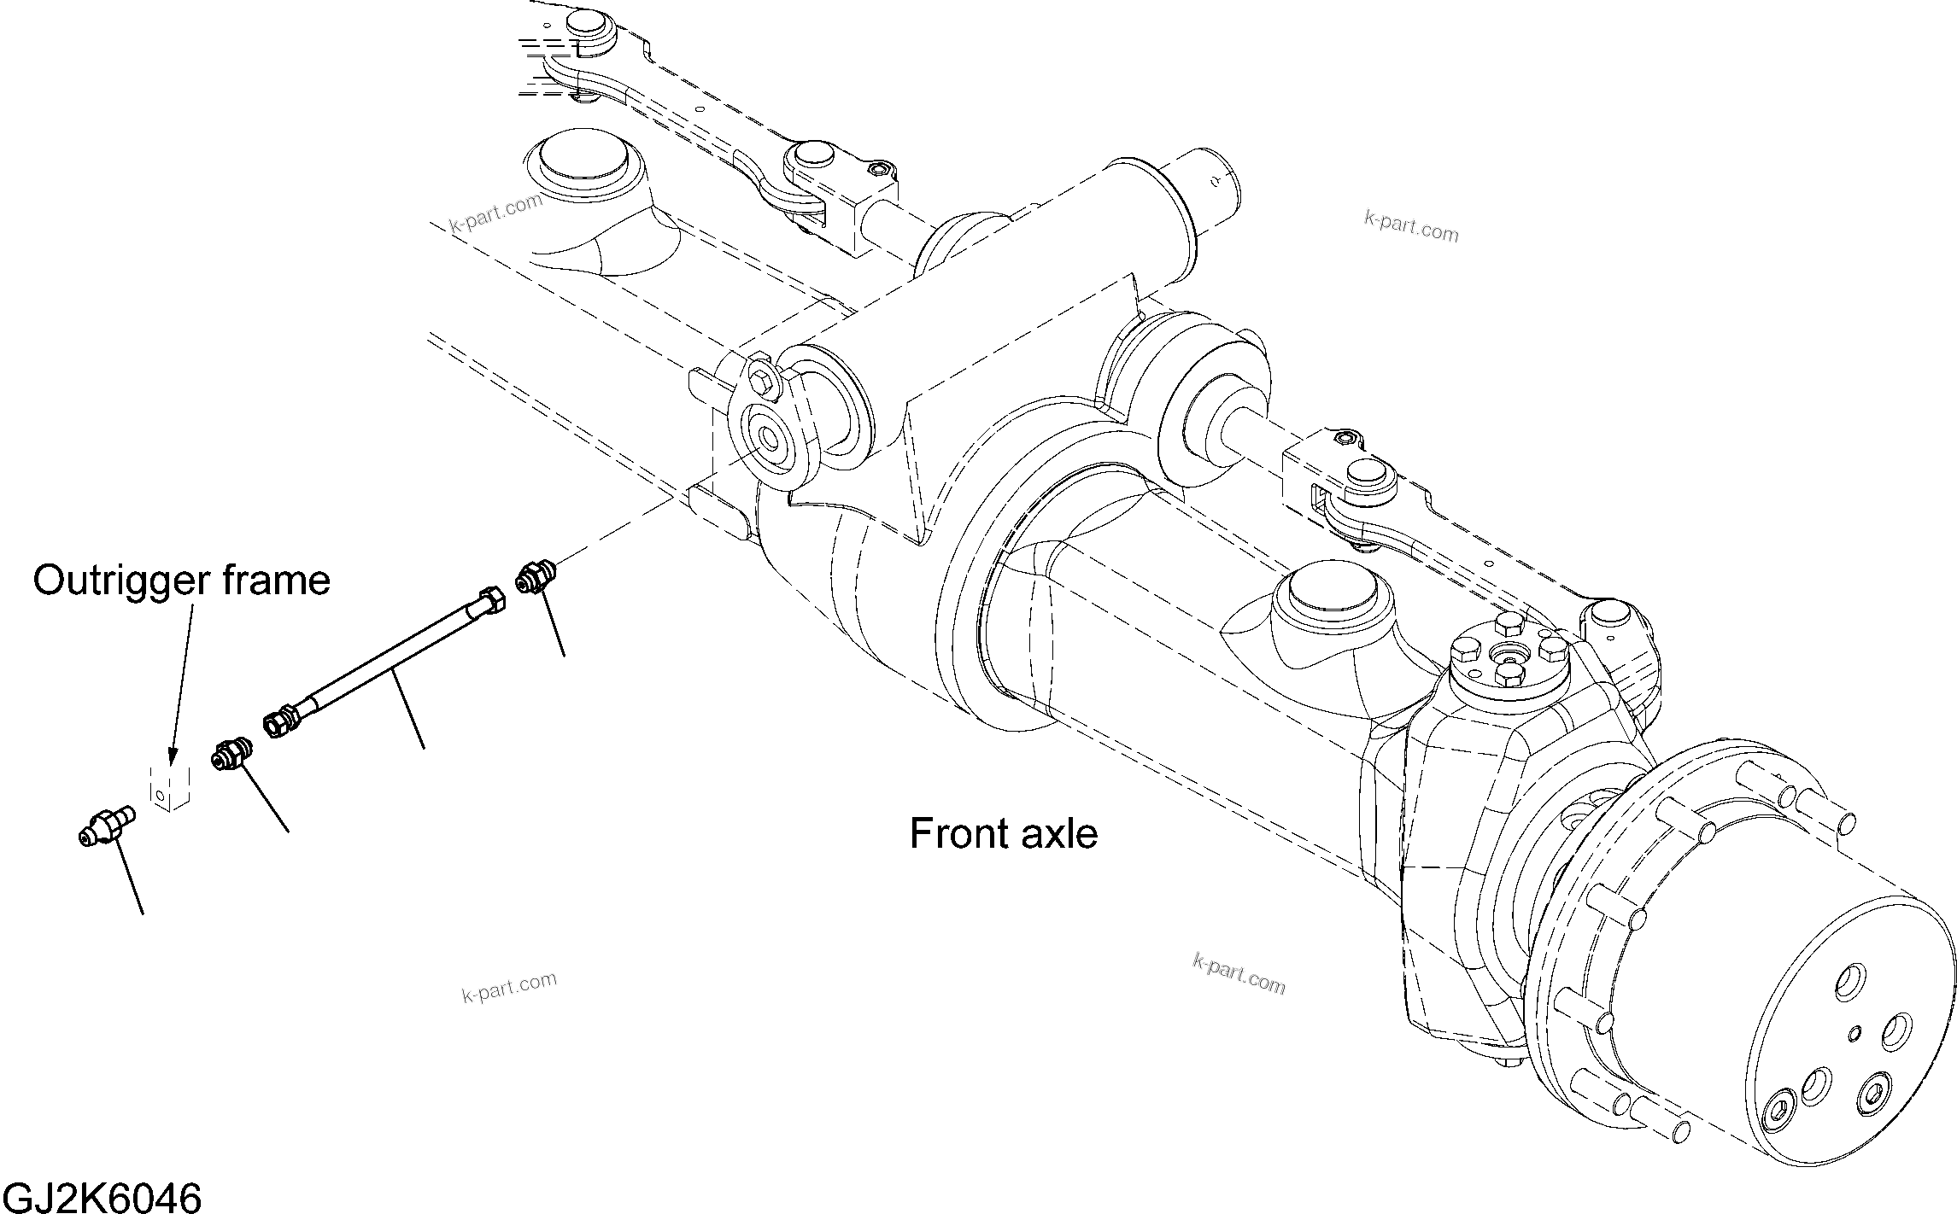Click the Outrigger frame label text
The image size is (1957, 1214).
pyautogui.click(x=181, y=581)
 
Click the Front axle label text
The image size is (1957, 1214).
pyautogui.click(x=1003, y=833)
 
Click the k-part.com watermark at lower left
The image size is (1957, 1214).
pyautogui.click(x=509, y=987)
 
